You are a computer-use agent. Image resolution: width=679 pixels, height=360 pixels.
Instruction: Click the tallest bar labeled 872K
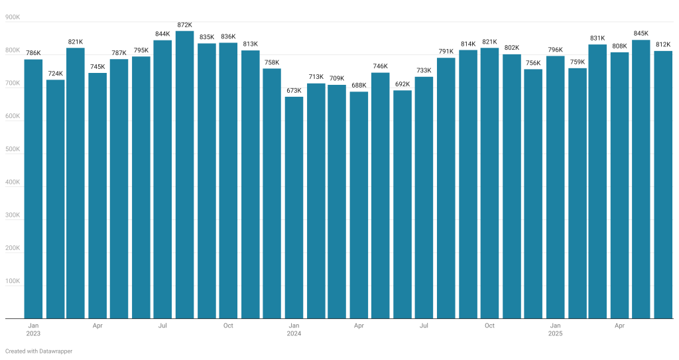(184, 176)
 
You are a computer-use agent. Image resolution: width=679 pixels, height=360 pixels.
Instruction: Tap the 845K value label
(641, 33)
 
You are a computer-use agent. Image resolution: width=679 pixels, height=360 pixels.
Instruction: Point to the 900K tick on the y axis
(13, 18)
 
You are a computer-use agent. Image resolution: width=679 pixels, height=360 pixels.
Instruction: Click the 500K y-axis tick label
(13, 149)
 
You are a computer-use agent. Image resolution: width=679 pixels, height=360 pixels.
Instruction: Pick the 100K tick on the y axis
(13, 281)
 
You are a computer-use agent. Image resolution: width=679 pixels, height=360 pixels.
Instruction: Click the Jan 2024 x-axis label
(294, 330)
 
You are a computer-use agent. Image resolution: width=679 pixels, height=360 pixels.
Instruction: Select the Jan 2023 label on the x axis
(33, 330)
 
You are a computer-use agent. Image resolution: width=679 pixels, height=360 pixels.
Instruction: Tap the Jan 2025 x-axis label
(555, 330)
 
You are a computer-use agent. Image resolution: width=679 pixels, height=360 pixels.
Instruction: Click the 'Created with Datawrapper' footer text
(38, 351)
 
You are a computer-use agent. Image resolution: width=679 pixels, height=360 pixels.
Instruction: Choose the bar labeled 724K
(56, 199)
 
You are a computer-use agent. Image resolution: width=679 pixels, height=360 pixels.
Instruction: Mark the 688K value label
(359, 85)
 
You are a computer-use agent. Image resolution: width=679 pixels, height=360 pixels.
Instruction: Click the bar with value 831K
(597, 182)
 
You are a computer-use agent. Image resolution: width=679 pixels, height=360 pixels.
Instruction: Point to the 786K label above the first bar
(33, 53)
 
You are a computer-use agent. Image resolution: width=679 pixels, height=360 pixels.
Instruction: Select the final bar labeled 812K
(663, 185)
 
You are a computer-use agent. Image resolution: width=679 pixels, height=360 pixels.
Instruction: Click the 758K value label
(272, 62)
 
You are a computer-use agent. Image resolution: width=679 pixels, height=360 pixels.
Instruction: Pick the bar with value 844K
(163, 180)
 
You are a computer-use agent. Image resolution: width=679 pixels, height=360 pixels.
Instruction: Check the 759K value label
(576, 62)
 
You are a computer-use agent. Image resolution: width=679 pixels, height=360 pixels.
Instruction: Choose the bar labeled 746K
(381, 196)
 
